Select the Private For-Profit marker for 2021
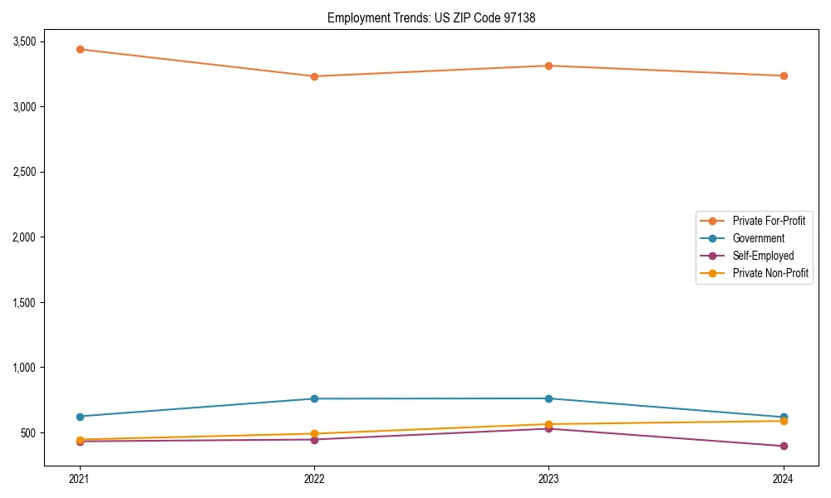(x=80, y=49)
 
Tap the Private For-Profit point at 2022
(x=314, y=76)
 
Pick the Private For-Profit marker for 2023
(x=548, y=66)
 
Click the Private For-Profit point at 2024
(x=784, y=76)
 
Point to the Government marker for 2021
(x=80, y=417)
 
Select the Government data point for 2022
(x=314, y=398)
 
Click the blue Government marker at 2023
(x=548, y=398)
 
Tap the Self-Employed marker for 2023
(x=548, y=428)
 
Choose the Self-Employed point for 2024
(x=784, y=447)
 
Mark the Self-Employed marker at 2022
(x=314, y=439)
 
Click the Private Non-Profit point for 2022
(x=314, y=433)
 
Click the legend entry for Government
(x=758, y=238)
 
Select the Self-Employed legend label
(x=763, y=256)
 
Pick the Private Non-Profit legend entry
(x=770, y=273)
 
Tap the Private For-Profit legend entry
(x=768, y=221)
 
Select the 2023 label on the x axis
(x=548, y=478)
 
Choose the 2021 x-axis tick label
(x=80, y=478)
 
